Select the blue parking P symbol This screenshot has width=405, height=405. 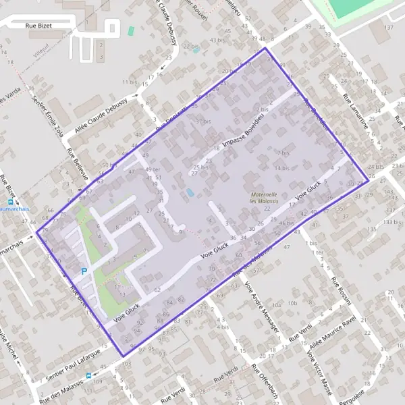(84, 271)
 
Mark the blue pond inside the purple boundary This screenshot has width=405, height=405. (191, 193)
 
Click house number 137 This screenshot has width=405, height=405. (389, 28)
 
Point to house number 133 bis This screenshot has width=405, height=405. (390, 221)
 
